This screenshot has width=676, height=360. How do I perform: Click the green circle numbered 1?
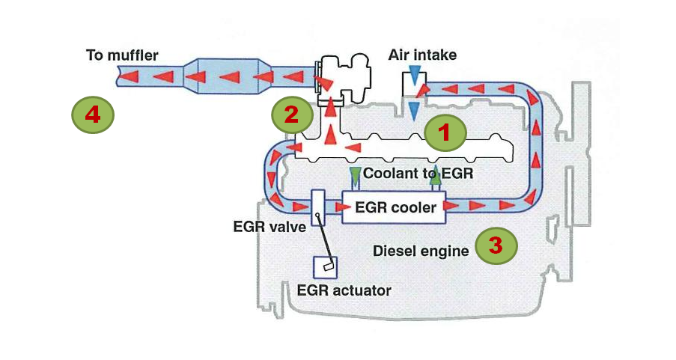click(445, 133)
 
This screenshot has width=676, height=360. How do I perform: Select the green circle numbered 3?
click(496, 245)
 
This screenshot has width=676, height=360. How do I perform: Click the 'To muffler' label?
click(122, 55)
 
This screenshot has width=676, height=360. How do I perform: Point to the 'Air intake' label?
click(422, 55)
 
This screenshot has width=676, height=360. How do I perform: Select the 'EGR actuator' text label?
click(344, 290)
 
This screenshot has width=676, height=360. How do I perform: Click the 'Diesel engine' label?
click(421, 251)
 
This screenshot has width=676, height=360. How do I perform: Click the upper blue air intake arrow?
click(414, 77)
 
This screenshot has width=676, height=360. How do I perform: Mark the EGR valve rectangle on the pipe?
click(318, 207)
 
